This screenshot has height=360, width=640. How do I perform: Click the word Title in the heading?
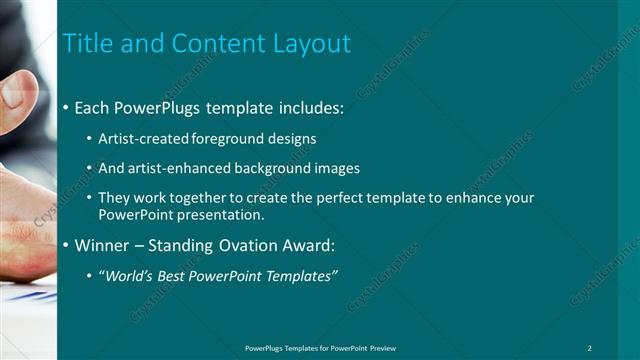click(87, 44)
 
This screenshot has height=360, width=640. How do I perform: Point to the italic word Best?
click(169, 276)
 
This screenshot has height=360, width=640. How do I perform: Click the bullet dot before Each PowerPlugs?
click(66, 106)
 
